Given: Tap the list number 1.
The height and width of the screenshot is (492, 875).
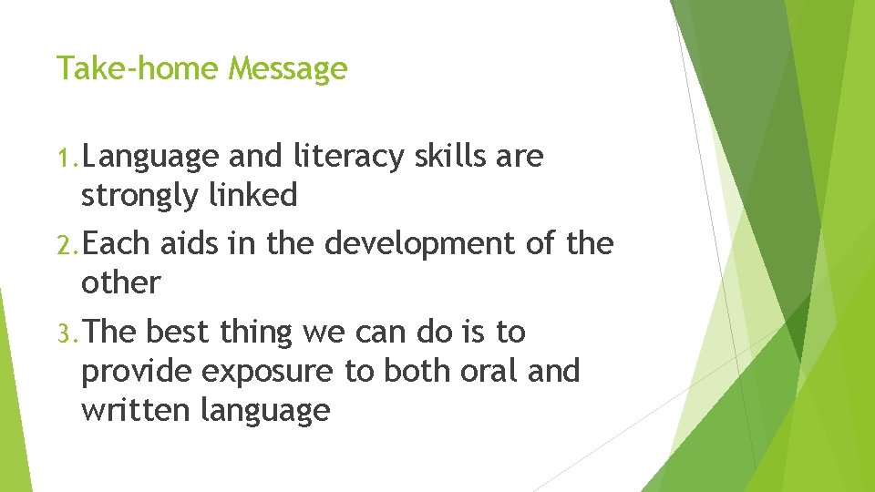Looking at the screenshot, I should (67, 158).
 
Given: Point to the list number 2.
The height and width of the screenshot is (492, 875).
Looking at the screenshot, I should (67, 245).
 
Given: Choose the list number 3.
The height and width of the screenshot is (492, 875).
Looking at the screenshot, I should (67, 333).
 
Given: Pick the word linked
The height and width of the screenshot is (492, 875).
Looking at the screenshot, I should (256, 195).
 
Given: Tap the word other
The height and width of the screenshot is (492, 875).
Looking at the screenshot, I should (120, 282).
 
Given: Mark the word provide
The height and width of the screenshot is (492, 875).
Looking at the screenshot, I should (137, 372).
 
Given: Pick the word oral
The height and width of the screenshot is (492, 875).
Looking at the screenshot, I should (480, 371).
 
